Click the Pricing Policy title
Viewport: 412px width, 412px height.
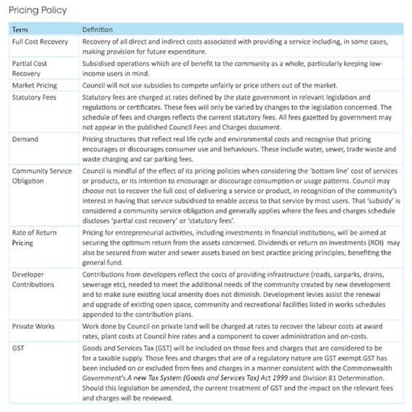[37, 10]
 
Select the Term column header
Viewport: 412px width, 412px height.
[20, 30]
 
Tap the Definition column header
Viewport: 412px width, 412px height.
[97, 30]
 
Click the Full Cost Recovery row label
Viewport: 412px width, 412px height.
[39, 41]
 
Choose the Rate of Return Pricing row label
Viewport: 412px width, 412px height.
[33, 237]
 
